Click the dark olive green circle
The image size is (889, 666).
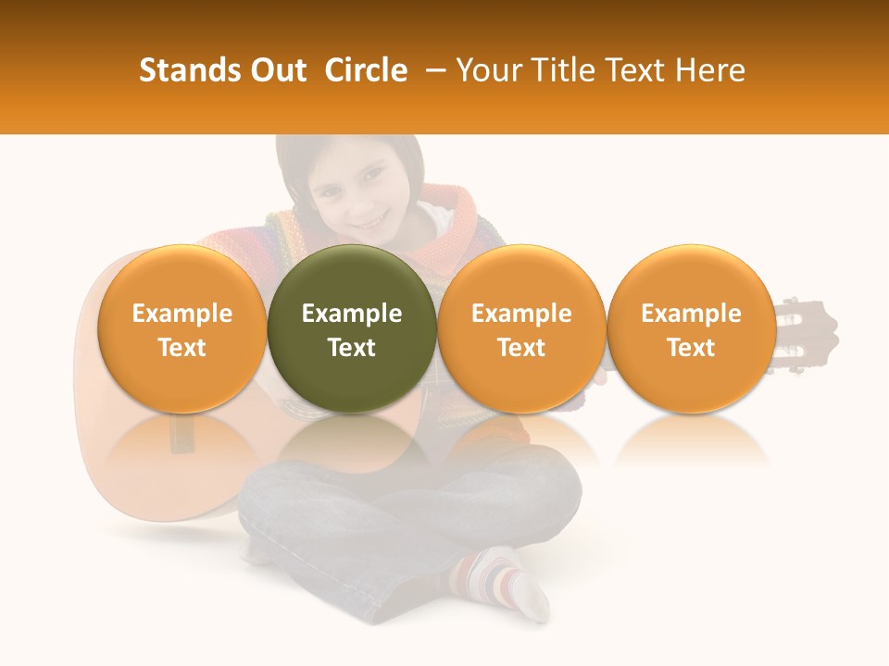(x=352, y=328)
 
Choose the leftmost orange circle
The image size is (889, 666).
(x=182, y=328)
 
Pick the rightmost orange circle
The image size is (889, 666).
(x=691, y=328)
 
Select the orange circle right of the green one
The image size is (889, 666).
(x=521, y=328)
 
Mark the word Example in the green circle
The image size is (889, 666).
(x=352, y=314)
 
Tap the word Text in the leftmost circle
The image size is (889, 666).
(x=182, y=348)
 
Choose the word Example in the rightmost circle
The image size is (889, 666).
(x=691, y=314)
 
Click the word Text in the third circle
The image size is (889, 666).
(x=521, y=348)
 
